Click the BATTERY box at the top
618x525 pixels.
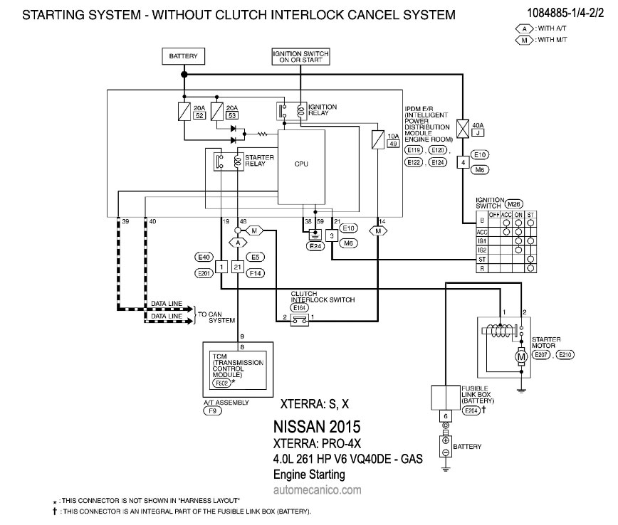coord(184,56)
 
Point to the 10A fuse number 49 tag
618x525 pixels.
coord(392,144)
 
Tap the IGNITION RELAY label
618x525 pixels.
coord(323,111)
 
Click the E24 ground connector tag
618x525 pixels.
coord(315,246)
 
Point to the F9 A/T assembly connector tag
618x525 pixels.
coord(213,410)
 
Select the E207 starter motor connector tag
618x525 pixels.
coord(542,354)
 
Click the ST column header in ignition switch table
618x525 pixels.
coord(530,214)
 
